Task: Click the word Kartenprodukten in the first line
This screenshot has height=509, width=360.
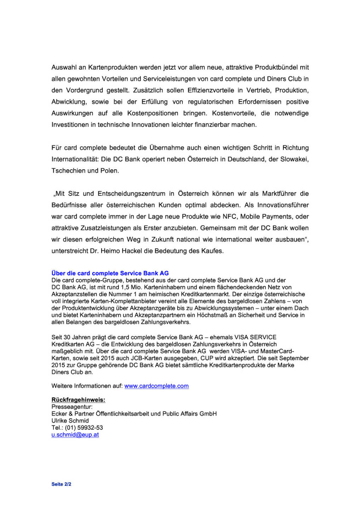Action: [112, 67]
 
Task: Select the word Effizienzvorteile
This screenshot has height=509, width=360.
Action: [210, 90]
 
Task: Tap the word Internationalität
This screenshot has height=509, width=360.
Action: [75, 159]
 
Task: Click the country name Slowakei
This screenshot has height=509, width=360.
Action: [294, 159]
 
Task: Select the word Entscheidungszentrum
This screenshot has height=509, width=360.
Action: [131, 193]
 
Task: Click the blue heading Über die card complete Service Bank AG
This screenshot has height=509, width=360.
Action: [110, 273]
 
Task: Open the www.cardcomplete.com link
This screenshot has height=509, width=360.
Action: [156, 386]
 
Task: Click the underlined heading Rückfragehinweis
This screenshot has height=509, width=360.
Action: [78, 400]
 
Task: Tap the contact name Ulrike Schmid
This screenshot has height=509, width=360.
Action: [70, 421]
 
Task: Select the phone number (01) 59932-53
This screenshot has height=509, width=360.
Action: [84, 428]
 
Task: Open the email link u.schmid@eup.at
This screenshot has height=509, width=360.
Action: [75, 435]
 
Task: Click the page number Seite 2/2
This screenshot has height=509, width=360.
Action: [61, 484]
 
